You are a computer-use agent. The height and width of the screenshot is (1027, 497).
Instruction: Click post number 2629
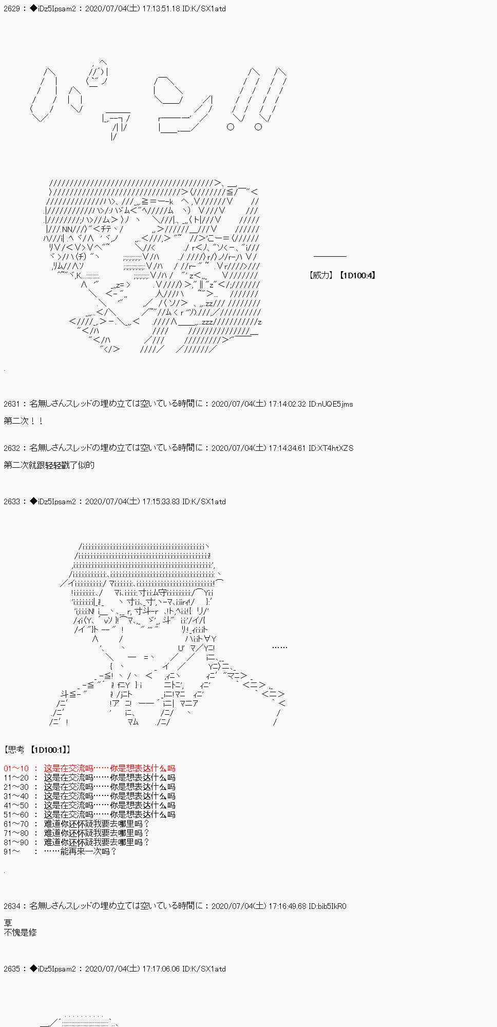pyautogui.click(x=11, y=9)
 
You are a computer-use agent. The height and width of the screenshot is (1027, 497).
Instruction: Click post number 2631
pyautogui.click(x=11, y=404)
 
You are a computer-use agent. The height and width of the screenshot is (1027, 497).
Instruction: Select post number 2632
pyautogui.click(x=11, y=448)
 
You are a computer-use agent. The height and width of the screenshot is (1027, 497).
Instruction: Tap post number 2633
pyautogui.click(x=11, y=502)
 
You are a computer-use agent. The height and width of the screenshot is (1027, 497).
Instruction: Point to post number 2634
pyautogui.click(x=11, y=906)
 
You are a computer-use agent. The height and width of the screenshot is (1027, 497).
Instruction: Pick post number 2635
pyautogui.click(x=11, y=969)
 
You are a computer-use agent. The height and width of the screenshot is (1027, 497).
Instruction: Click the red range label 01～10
pyautogui.click(x=16, y=768)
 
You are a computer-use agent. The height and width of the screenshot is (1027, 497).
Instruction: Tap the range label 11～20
pyautogui.click(x=16, y=777)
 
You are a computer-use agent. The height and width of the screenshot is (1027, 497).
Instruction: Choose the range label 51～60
pyautogui.click(x=16, y=814)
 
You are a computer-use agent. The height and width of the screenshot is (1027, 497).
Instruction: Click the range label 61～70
pyautogui.click(x=16, y=824)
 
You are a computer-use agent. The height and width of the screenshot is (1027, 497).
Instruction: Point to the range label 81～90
pyautogui.click(x=16, y=842)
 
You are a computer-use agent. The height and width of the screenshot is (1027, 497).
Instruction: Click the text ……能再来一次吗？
pyautogui.click(x=81, y=851)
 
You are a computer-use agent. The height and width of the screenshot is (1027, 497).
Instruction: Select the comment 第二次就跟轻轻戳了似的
pyautogui.click(x=49, y=465)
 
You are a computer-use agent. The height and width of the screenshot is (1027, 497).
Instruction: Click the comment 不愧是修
pyautogui.click(x=20, y=933)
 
